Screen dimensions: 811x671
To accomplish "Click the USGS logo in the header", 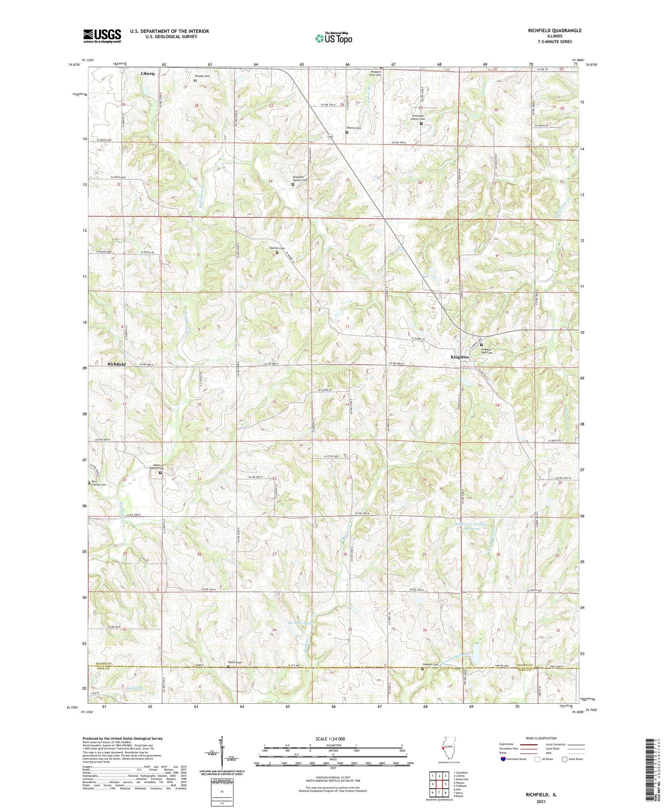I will [102, 35].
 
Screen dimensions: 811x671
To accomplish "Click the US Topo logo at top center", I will [333, 38].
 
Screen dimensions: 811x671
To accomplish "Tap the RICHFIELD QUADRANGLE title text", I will [554, 31].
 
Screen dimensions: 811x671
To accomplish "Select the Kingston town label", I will [459, 357].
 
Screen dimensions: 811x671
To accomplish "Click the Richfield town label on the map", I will [117, 364].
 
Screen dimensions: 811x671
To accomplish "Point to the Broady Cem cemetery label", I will [202, 76].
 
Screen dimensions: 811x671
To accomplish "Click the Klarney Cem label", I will [277, 249].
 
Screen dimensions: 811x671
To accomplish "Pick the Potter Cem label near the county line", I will [235, 662].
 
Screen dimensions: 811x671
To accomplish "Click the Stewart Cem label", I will [430, 664].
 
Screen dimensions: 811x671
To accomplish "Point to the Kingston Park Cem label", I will [486, 351].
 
